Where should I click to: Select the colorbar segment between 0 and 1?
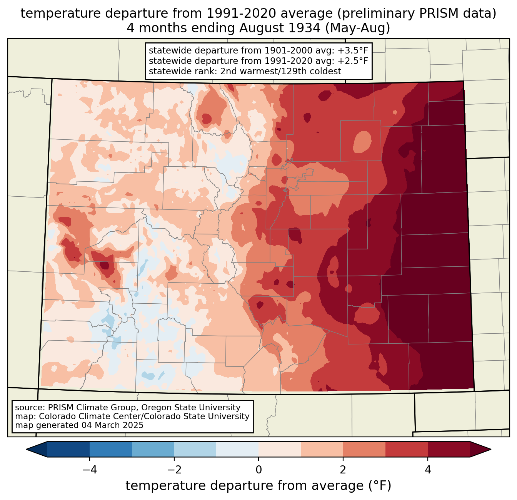click(280, 449)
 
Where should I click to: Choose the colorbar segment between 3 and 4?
click(406, 449)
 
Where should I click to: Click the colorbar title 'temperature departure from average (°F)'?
click(258, 486)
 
